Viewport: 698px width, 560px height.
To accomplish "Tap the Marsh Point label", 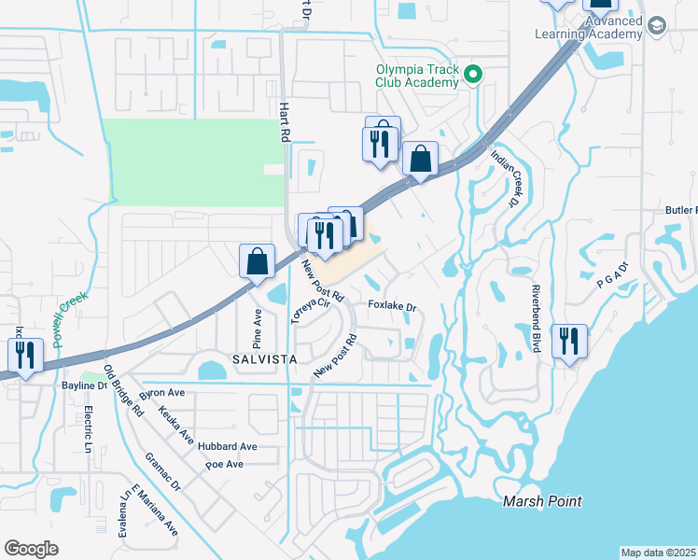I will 542,501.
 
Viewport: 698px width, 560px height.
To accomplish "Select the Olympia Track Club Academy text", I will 417,76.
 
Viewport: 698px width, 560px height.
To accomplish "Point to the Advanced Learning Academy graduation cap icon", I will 656,26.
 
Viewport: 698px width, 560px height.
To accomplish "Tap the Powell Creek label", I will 70,319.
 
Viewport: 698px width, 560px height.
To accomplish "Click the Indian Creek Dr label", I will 503,180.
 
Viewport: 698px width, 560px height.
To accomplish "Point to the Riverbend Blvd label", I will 537,318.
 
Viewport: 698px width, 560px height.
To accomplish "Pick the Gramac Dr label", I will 162,473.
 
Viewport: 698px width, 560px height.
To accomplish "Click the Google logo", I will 31,549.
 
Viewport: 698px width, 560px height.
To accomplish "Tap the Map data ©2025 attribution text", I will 657,553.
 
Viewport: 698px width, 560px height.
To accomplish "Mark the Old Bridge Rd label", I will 124,391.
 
